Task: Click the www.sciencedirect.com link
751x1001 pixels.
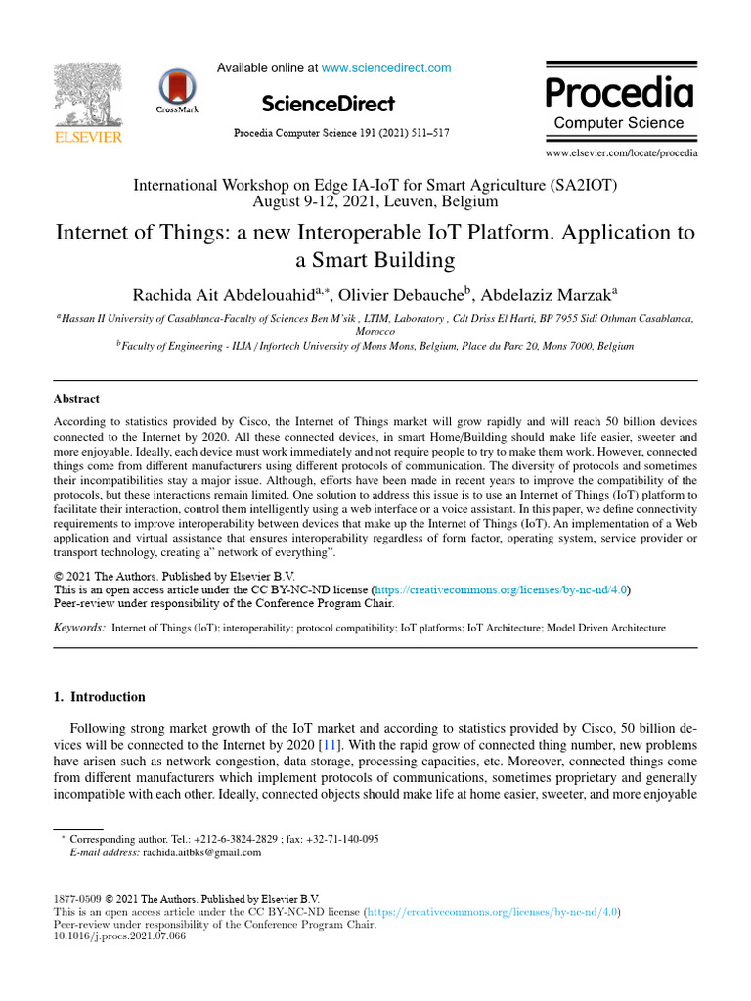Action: coord(386,68)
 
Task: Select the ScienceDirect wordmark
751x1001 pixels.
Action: coord(329,104)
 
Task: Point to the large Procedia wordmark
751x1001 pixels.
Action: coord(619,94)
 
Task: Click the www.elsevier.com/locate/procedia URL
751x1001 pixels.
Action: coord(622,153)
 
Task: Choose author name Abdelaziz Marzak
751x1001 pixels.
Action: coord(554,296)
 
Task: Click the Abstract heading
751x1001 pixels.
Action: coord(76,399)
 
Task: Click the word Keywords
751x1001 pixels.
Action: coord(78,628)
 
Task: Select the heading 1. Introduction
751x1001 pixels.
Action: coord(98,697)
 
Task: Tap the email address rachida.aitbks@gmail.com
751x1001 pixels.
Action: coord(202,852)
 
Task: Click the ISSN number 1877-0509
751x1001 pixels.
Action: coord(75,898)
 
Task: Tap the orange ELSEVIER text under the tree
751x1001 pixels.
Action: coord(88,138)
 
